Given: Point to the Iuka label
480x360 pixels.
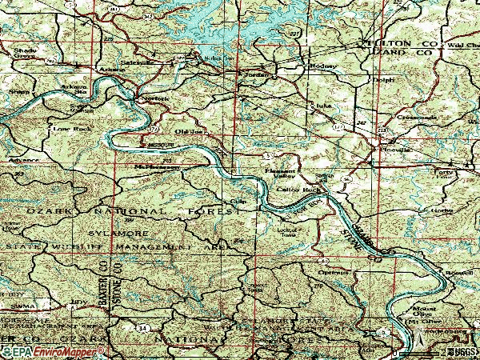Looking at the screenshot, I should point(323,105).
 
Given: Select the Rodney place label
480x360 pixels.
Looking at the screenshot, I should point(323,66).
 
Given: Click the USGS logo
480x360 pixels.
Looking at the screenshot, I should point(459,351).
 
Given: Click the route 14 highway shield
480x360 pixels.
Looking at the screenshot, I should point(141,327).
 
